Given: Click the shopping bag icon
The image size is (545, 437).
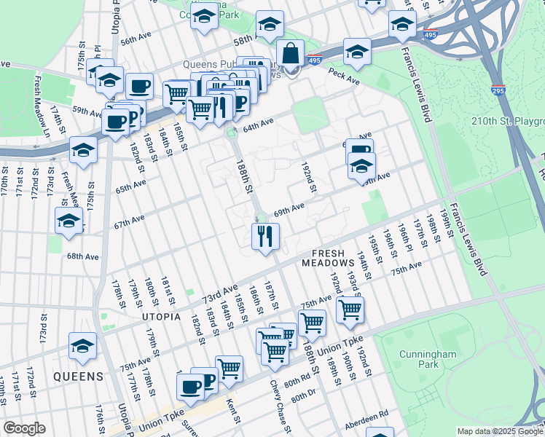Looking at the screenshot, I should pos(290,54).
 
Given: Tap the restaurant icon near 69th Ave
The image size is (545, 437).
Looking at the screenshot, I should pos(264,236).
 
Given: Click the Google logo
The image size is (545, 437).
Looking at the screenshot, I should pos(24,428).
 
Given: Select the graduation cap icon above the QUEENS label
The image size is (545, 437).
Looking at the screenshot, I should pos(82,347).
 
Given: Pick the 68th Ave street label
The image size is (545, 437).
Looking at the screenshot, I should pos(82,256).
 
